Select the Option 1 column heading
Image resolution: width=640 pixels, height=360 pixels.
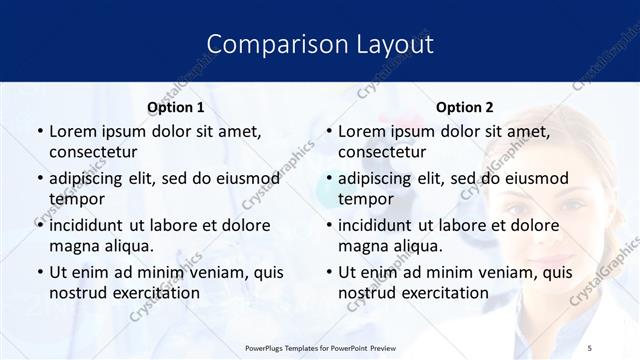(x=176, y=107)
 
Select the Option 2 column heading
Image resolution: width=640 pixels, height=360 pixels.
(x=465, y=107)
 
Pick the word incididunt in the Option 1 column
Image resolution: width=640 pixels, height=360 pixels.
(x=90, y=225)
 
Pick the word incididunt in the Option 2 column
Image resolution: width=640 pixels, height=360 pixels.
(x=379, y=225)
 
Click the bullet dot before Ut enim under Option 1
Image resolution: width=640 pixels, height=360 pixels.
(x=39, y=272)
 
